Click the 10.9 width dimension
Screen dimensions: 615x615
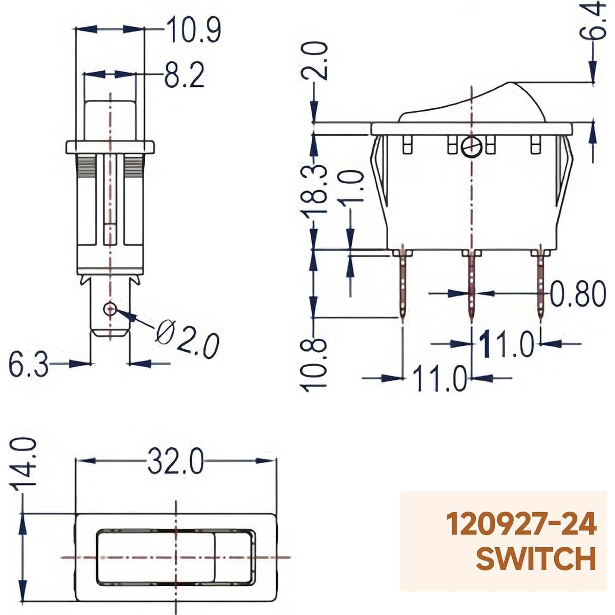click(193, 30)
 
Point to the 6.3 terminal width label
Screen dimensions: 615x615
click(28, 366)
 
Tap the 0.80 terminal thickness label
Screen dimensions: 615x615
click(578, 294)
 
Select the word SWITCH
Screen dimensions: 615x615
click(536, 558)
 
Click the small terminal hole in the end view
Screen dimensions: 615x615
click(111, 309)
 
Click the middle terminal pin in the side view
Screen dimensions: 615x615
click(471, 287)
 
